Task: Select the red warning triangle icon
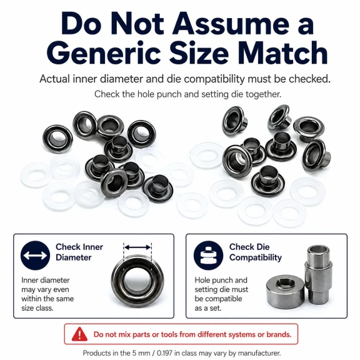tap(79, 334)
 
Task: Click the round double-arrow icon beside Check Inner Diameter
tap(35, 255)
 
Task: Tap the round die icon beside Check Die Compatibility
tap(208, 255)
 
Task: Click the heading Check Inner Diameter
tap(79, 252)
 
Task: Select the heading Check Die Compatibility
tap(255, 252)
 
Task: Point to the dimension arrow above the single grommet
tap(137, 247)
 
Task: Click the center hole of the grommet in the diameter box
tap(137, 281)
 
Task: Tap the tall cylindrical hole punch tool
tap(319, 274)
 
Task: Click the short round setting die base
tap(285, 292)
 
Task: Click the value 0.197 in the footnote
tap(165, 353)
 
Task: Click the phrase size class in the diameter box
tap(37, 308)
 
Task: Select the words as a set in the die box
tap(208, 308)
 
